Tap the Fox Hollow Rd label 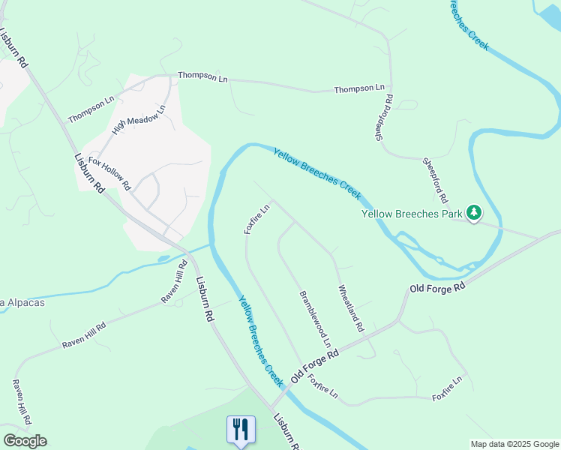(109, 173)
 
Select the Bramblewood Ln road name (316, 323)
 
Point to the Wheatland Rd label (351, 308)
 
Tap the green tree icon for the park (473, 214)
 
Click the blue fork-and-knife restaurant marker (241, 430)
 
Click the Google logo (25, 441)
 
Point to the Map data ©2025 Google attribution (514, 444)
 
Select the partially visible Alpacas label (22, 303)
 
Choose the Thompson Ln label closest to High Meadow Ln (91, 109)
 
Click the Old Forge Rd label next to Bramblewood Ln (315, 365)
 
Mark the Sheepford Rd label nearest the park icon (434, 181)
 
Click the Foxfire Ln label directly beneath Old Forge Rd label (323, 386)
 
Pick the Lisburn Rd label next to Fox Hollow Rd (89, 173)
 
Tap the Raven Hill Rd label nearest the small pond (174, 282)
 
